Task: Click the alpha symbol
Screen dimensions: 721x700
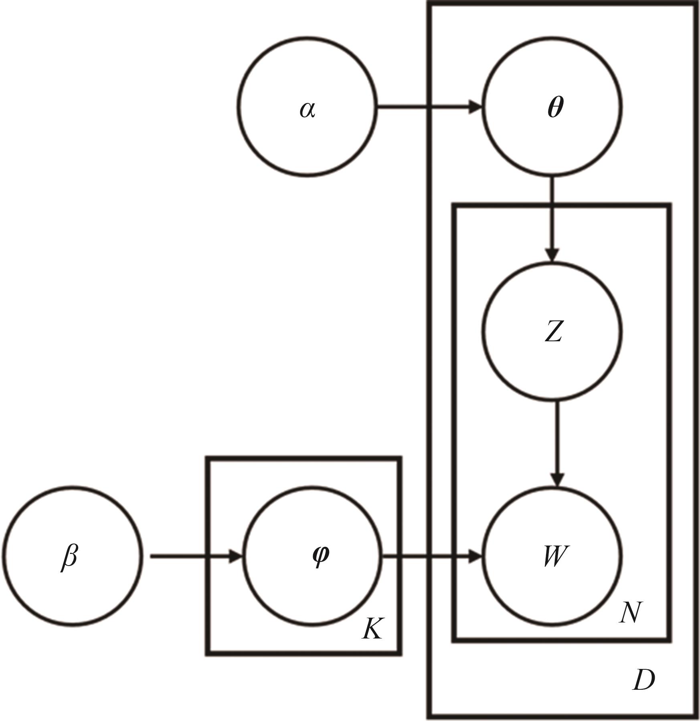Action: tap(308, 109)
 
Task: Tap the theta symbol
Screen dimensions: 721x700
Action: tap(555, 107)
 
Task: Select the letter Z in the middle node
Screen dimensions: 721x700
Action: tap(554, 332)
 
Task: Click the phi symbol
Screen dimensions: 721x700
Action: tap(320, 556)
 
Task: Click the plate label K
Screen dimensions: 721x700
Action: tap(372, 628)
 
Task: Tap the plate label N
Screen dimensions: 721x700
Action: tap(630, 612)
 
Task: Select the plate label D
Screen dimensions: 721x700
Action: tap(643, 680)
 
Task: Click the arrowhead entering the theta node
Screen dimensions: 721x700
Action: tap(475, 107)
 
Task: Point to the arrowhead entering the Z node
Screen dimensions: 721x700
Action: tap(553, 255)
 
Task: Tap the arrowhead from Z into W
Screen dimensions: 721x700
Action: tap(557, 479)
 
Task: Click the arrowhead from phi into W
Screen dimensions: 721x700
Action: tap(475, 556)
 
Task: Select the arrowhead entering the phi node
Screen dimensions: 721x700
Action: tap(235, 556)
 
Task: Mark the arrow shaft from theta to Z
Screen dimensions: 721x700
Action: tap(552, 212)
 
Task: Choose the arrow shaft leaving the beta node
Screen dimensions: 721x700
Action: tap(188, 556)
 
